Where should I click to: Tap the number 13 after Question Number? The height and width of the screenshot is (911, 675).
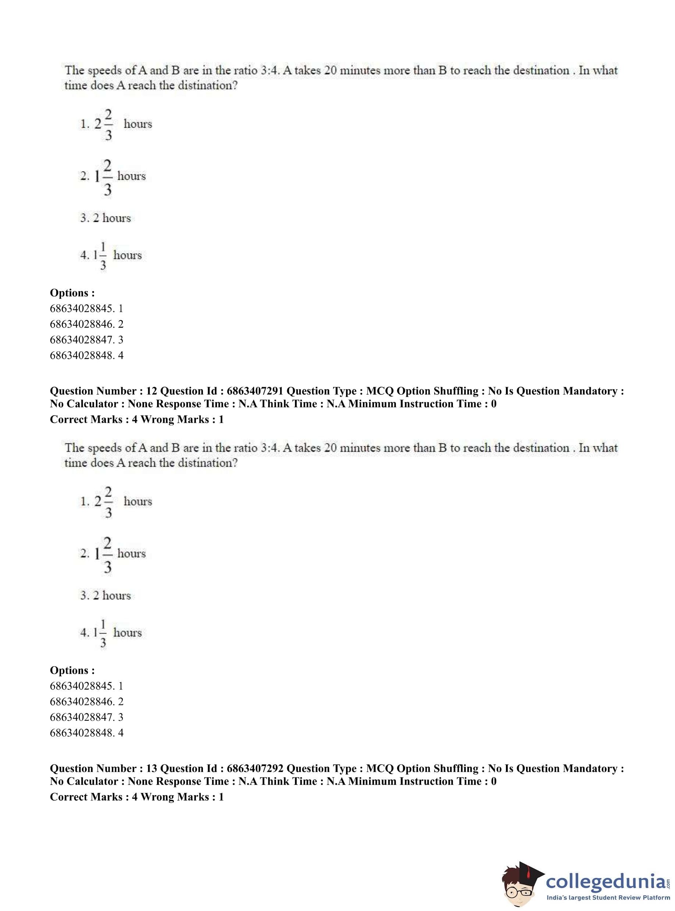151,769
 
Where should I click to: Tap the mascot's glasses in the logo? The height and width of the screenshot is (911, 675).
518,890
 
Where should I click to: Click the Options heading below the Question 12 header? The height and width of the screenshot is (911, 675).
72,670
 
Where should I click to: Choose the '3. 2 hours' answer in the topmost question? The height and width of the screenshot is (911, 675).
106,218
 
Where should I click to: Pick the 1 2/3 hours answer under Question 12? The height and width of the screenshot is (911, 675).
113,554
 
